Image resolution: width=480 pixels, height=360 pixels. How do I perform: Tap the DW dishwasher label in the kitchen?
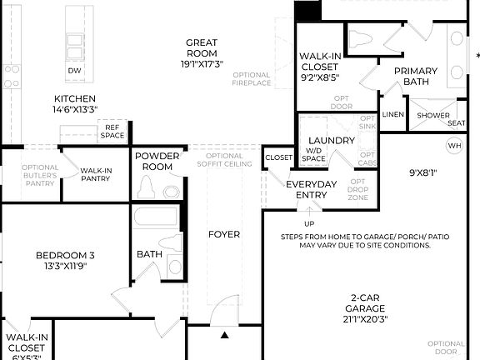tap(74, 71)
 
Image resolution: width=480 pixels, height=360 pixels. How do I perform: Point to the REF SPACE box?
tap(112, 132)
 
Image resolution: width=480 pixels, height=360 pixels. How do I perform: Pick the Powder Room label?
tap(157, 161)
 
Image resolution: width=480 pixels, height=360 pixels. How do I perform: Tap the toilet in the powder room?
tap(147, 190)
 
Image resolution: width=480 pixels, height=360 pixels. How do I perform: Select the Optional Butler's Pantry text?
tap(39, 175)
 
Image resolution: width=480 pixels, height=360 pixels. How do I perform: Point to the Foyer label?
tap(223, 234)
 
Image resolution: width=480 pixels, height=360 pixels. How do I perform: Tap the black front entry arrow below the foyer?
tap(224, 335)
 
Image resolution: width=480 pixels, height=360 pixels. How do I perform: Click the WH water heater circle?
tap(454, 146)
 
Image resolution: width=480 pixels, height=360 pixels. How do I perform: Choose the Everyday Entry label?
tap(311, 189)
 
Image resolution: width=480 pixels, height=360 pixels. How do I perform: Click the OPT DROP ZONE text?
tap(357, 190)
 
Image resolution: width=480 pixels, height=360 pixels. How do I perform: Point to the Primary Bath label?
tap(416, 77)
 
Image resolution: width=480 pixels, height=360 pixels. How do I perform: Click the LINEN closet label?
tap(392, 114)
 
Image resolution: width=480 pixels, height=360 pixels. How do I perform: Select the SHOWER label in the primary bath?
tap(432, 116)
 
